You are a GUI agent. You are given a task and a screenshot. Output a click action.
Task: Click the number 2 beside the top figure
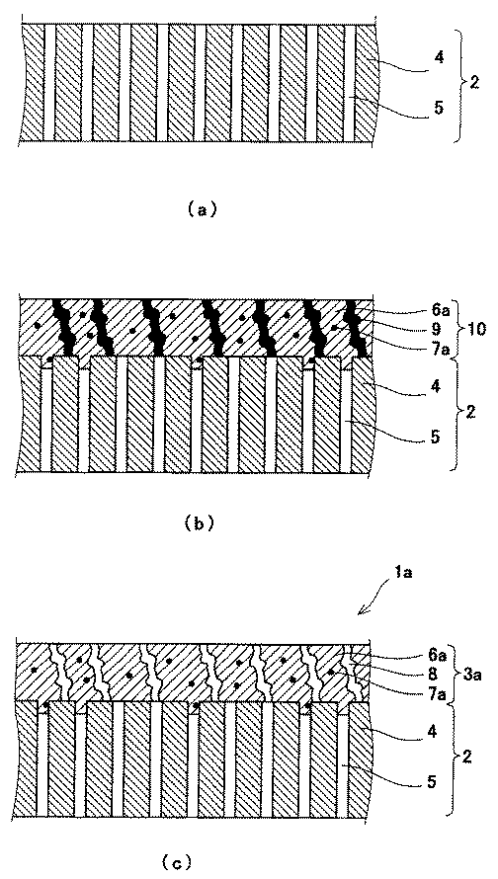[x=474, y=85]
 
